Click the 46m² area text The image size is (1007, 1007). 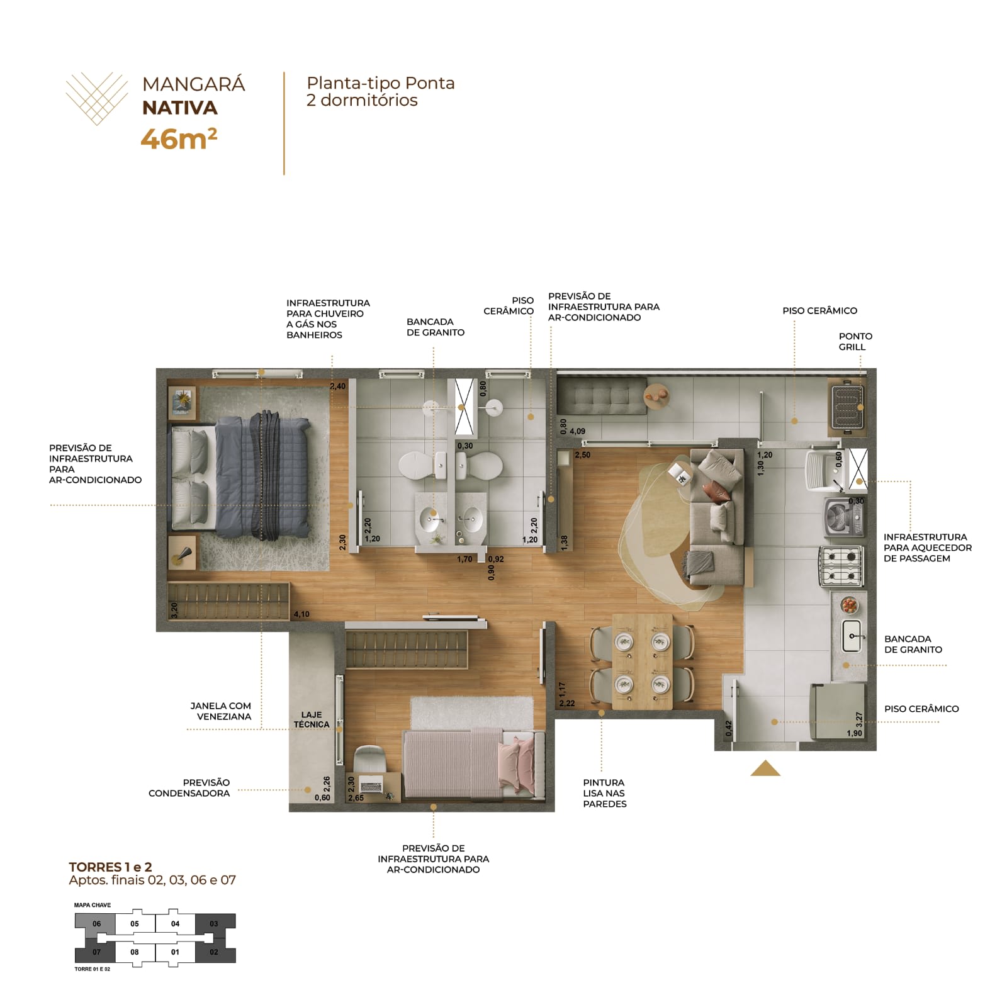click(x=179, y=138)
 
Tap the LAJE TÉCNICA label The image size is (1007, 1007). click(x=312, y=719)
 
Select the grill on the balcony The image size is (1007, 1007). click(x=847, y=407)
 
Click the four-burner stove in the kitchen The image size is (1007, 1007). click(x=841, y=566)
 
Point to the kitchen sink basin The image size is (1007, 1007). click(x=852, y=636)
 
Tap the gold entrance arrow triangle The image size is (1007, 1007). click(x=765, y=768)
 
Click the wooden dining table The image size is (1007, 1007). click(x=642, y=661)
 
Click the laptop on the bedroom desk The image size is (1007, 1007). click(x=371, y=785)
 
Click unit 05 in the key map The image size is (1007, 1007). click(x=135, y=924)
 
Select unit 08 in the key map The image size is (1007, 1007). click(x=135, y=952)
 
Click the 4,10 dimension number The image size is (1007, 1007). click(x=301, y=614)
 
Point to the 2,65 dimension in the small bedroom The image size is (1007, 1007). click(x=356, y=798)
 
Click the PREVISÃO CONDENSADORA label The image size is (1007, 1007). click(x=189, y=787)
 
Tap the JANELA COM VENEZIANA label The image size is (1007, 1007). click(x=220, y=711)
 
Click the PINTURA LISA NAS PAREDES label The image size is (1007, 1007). click(x=604, y=793)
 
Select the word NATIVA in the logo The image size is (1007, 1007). click(x=180, y=108)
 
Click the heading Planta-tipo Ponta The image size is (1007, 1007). click(x=381, y=83)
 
